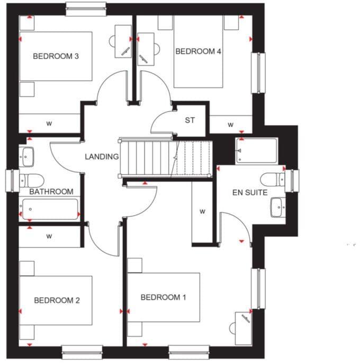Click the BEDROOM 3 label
pyautogui.click(x=56, y=56)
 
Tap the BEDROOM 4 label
pyautogui.click(x=198, y=51)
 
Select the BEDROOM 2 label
pyautogui.click(x=57, y=300)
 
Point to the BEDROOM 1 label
pyautogui.click(x=163, y=297)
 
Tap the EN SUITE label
pyautogui.click(x=250, y=192)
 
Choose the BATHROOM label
pyautogui.click(x=51, y=191)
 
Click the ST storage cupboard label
pyautogui.click(x=190, y=120)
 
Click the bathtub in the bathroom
pyautogui.click(x=50, y=209)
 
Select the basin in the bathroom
pyautogui.click(x=28, y=156)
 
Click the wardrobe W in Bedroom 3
pyautogui.click(x=49, y=123)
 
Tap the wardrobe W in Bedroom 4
pyautogui.click(x=230, y=125)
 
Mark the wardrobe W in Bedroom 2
pyautogui.click(x=49, y=236)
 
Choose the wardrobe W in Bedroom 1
pyautogui.click(x=202, y=211)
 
